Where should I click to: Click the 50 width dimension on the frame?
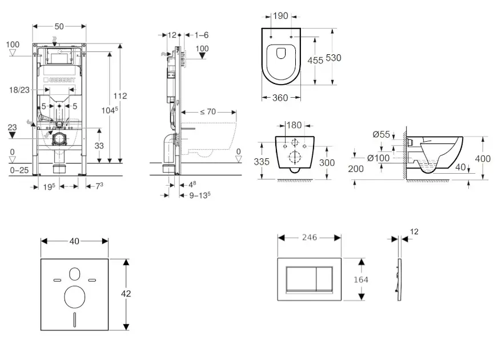[60, 26]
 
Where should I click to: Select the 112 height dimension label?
[120, 96]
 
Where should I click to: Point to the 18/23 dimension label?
[20, 90]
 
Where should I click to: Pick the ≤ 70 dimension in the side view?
[208, 112]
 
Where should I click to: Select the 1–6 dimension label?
[201, 35]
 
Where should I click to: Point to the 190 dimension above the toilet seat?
[280, 16]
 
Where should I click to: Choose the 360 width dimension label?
[280, 98]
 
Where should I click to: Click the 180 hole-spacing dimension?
[294, 125]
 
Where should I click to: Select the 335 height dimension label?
[262, 162]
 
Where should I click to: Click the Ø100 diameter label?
[377, 158]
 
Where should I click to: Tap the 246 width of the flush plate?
[310, 237]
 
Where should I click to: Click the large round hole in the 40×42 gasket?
[75, 297]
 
